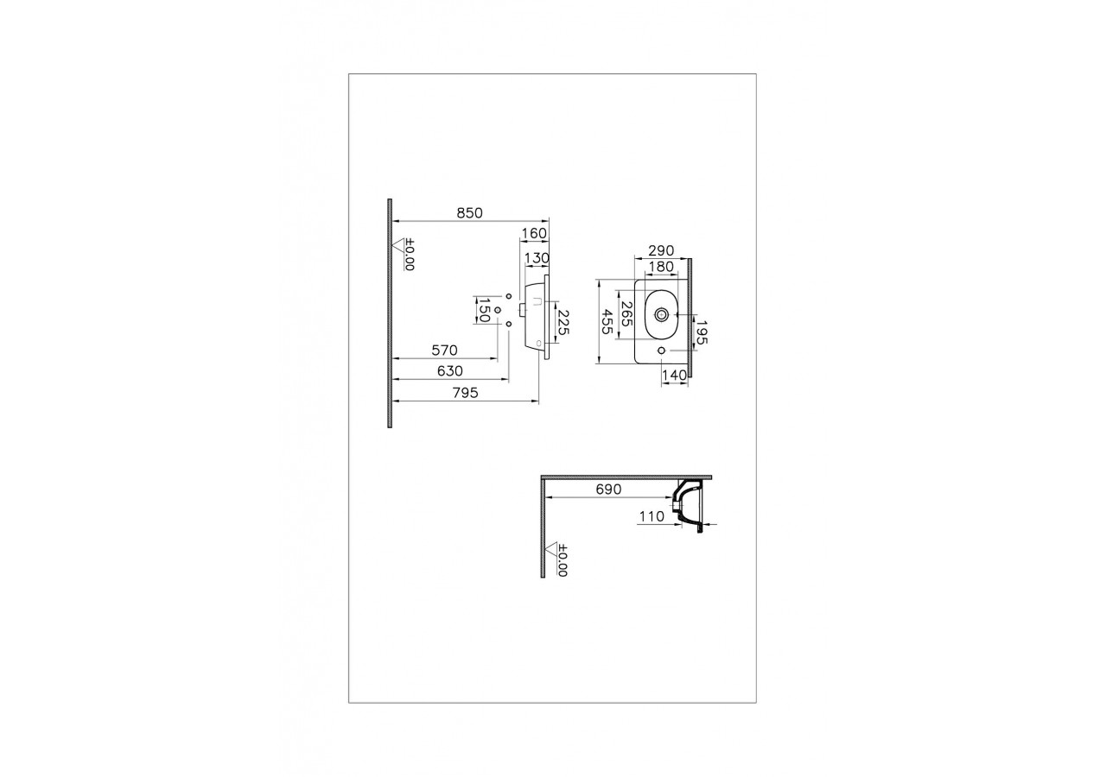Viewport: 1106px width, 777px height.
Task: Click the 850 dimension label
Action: point(469,212)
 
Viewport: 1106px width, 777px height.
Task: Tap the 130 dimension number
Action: point(537,257)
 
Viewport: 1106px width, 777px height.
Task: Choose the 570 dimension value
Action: point(444,351)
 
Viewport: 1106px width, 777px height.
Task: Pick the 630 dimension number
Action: point(450,371)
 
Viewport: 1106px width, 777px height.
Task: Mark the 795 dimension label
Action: point(467,393)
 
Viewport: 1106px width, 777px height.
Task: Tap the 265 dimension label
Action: point(627,315)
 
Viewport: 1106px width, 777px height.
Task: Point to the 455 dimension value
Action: point(608,321)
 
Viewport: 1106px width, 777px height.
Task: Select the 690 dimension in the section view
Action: point(607,490)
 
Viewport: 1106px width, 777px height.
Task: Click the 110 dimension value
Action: point(651,516)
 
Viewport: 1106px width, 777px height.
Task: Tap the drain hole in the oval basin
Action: point(662,315)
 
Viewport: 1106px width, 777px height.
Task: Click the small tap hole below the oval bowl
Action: point(662,351)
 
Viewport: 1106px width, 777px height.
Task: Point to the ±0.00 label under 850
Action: point(409,255)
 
